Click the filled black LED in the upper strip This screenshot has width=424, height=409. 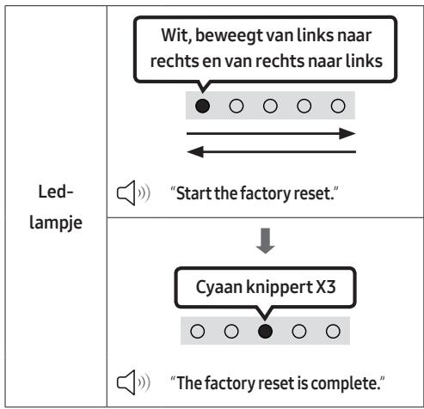pyautogui.click(x=202, y=106)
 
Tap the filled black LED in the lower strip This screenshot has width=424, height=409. pyautogui.click(x=265, y=331)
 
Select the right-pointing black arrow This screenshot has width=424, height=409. pyautogui.click(x=271, y=133)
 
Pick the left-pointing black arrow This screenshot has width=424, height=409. pyautogui.click(x=271, y=152)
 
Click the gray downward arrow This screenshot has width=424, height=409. pyautogui.click(x=266, y=241)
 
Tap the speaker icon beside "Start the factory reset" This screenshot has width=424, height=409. pyautogui.click(x=133, y=193)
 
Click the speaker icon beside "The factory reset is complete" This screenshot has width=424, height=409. pyautogui.click(x=133, y=382)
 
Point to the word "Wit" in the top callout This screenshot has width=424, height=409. pyautogui.click(x=176, y=36)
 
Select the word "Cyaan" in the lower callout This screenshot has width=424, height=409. pyautogui.click(x=218, y=287)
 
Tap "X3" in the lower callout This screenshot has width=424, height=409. pyautogui.click(x=325, y=286)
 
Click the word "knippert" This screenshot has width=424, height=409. pyautogui.click(x=280, y=287)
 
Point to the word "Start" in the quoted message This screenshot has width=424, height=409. pyautogui.click(x=194, y=193)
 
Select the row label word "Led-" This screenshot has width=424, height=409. pyautogui.click(x=56, y=192)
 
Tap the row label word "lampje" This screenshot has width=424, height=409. pyautogui.click(x=56, y=223)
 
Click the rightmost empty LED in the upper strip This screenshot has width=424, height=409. pyautogui.click(x=338, y=106)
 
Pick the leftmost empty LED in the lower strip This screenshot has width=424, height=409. pyautogui.click(x=198, y=331)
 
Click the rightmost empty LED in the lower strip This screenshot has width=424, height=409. pyautogui.click(x=333, y=331)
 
